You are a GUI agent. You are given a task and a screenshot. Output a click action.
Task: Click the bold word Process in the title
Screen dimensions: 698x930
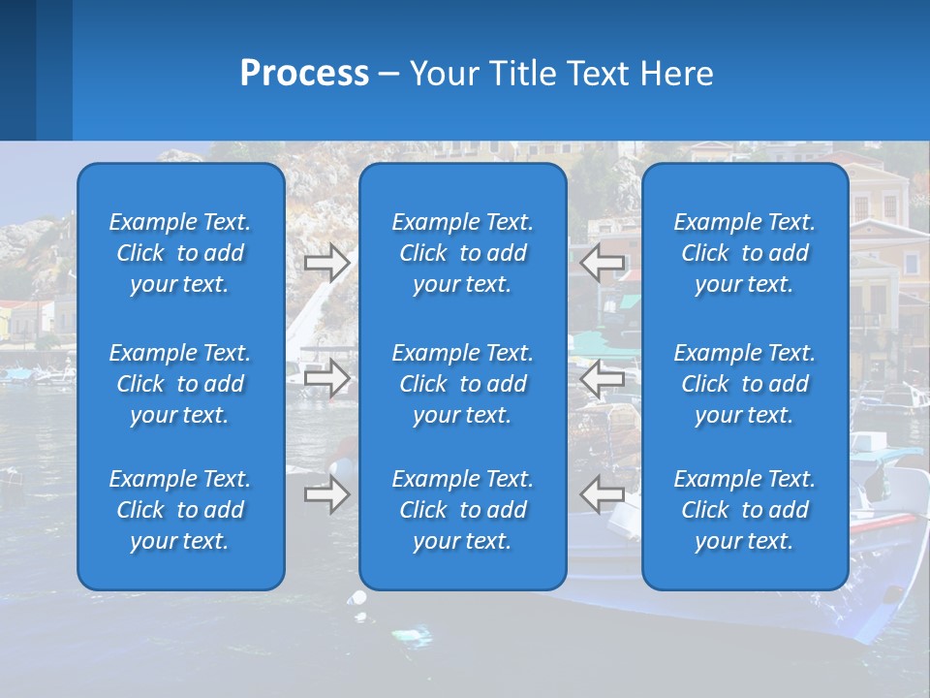304,74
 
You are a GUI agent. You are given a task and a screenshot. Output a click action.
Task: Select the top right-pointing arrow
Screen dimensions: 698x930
326,263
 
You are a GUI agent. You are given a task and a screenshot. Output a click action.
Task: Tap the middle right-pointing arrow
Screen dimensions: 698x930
326,379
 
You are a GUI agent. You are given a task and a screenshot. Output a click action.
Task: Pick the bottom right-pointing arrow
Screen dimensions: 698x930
326,494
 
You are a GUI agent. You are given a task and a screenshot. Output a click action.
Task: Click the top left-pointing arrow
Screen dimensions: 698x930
603,263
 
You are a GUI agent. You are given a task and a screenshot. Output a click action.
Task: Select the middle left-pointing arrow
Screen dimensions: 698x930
603,379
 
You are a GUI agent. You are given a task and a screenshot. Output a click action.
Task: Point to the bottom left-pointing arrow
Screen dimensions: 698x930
603,494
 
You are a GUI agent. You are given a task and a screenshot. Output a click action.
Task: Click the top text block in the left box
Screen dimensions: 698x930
180,253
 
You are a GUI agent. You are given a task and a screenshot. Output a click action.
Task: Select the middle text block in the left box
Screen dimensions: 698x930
180,384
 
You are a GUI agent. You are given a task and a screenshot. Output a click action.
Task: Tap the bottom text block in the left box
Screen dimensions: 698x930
180,510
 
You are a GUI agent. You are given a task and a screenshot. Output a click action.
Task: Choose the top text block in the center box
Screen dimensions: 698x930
463,253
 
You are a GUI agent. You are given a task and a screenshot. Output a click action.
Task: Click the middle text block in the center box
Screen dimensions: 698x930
463,384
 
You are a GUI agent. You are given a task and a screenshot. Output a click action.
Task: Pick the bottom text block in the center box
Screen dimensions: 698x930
463,510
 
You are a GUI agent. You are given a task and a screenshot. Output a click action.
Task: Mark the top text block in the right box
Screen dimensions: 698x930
745,253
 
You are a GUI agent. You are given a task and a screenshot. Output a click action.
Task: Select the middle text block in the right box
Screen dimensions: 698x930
745,384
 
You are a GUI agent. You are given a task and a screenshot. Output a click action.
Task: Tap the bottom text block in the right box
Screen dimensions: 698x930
745,510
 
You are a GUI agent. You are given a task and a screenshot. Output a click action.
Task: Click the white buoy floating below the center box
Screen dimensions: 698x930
359,598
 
